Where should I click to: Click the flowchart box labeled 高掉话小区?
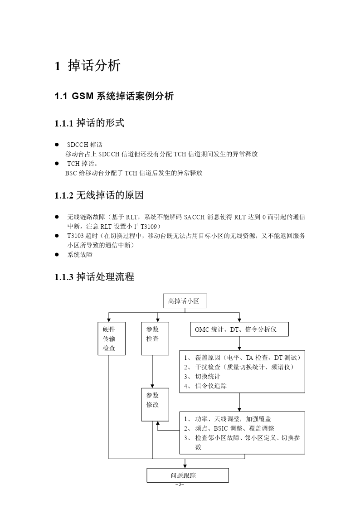(x=185, y=301)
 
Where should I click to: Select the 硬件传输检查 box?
(x=112, y=338)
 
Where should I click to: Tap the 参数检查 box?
(x=155, y=338)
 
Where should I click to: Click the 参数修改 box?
(x=155, y=404)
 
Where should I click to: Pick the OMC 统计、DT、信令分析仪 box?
(x=239, y=329)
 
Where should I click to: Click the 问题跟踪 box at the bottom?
(x=188, y=475)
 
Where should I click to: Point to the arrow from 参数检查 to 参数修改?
(x=152, y=371)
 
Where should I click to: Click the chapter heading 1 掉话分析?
(x=88, y=65)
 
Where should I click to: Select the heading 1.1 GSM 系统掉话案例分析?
(x=114, y=96)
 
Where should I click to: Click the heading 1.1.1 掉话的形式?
(x=90, y=123)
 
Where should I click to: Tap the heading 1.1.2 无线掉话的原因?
(x=99, y=195)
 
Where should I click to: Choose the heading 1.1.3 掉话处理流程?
(x=94, y=276)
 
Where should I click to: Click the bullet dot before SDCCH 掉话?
(x=57, y=145)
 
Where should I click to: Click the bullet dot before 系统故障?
(x=57, y=255)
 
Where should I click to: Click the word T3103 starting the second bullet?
(x=76, y=236)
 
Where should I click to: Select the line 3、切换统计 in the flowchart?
(x=202, y=377)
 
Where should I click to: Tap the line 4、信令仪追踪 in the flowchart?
(x=205, y=386)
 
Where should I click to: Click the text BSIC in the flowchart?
(x=221, y=428)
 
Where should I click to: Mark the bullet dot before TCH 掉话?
(x=57, y=163)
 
